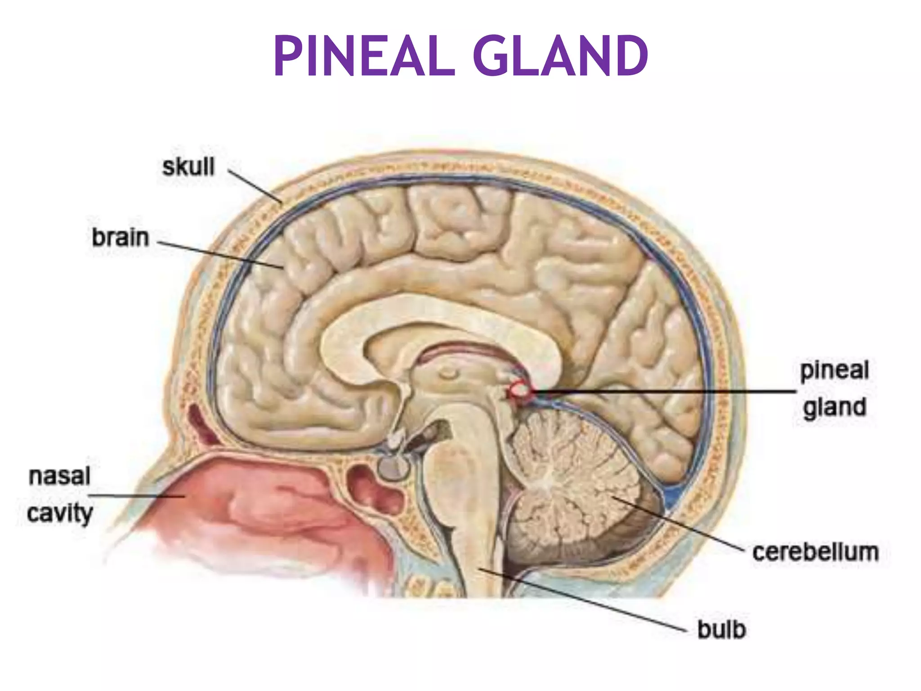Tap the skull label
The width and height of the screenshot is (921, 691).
188,167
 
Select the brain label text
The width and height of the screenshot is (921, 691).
120,238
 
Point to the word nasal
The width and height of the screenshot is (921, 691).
59,476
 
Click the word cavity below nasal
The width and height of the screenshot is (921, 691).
60,513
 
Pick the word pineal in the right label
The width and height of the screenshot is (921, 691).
834,371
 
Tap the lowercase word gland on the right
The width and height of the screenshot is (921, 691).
835,408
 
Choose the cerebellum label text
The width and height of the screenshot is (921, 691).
815,552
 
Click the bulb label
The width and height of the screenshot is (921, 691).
721,629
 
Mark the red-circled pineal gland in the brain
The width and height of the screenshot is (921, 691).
520,390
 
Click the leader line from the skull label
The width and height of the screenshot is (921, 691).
255,187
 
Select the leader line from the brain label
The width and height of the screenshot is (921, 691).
220,255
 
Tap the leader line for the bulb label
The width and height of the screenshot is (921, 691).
585,601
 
